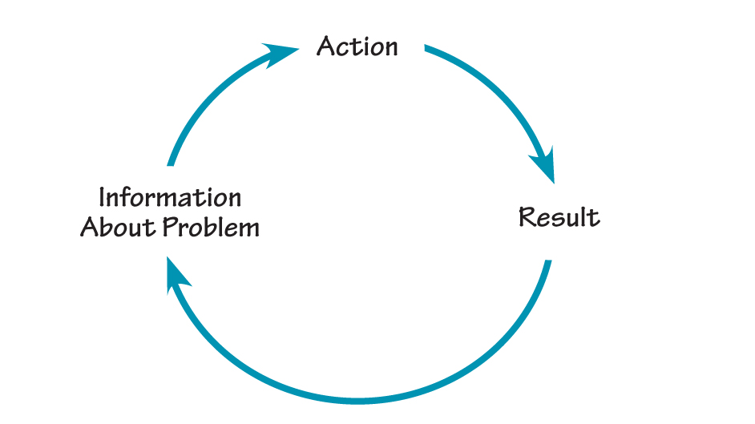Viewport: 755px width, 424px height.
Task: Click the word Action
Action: [x=357, y=46]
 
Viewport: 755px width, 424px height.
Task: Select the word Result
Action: [x=559, y=217]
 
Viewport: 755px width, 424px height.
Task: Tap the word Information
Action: [x=169, y=197]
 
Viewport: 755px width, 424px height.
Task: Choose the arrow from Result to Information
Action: [x=361, y=398]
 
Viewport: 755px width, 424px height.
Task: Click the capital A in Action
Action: [x=326, y=46]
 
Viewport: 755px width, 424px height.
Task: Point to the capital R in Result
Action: [x=527, y=217]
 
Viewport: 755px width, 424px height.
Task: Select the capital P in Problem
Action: [x=172, y=228]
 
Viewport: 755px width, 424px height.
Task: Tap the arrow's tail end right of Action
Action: [x=428, y=50]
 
